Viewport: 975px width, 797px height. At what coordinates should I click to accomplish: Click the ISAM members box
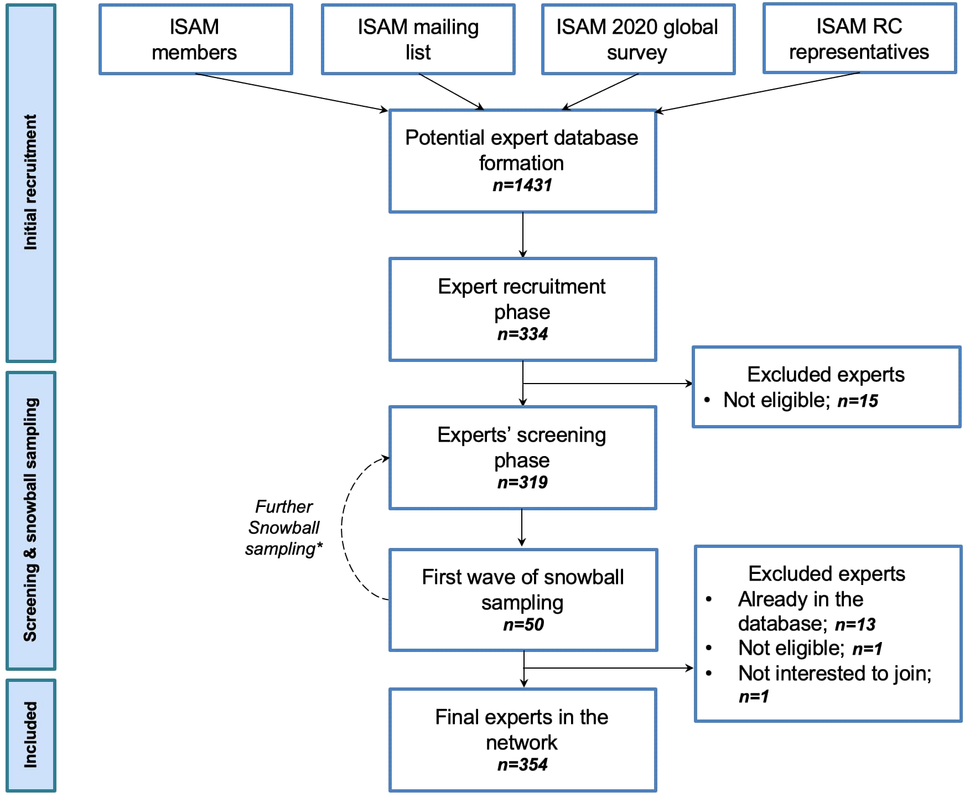pyautogui.click(x=195, y=39)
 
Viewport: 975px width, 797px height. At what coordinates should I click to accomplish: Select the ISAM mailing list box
pyautogui.click(x=418, y=39)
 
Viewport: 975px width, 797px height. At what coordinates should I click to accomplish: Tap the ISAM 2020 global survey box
pyautogui.click(x=637, y=39)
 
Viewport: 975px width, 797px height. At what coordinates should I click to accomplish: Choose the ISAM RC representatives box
pyautogui.click(x=859, y=39)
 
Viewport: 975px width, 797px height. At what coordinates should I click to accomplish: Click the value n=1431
pyautogui.click(x=522, y=185)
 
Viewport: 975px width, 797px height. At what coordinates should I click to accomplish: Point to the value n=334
pyautogui.click(x=522, y=334)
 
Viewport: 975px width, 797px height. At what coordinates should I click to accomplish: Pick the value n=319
pyautogui.click(x=522, y=482)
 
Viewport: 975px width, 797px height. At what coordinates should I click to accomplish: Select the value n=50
pyautogui.click(x=523, y=624)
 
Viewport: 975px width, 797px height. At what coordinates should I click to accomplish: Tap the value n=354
pyautogui.click(x=522, y=764)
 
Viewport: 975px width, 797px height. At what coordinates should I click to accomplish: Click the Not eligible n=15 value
pyautogui.click(x=858, y=401)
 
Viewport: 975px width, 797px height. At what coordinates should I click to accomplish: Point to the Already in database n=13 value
pyautogui.click(x=855, y=624)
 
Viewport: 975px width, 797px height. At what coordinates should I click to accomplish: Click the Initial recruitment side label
pyautogui.click(x=31, y=183)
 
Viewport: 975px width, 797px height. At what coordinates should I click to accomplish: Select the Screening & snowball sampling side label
pyautogui.click(x=31, y=520)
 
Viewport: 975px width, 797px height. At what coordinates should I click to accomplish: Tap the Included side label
pyautogui.click(x=31, y=735)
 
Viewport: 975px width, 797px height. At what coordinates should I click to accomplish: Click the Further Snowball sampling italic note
pyautogui.click(x=284, y=527)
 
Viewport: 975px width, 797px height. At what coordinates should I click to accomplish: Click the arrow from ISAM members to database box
pyautogui.click(x=291, y=92)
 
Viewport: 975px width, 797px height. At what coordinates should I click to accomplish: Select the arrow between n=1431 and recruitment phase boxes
pyautogui.click(x=523, y=235)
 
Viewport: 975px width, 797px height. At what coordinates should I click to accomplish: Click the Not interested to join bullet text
pyautogui.click(x=834, y=674)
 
